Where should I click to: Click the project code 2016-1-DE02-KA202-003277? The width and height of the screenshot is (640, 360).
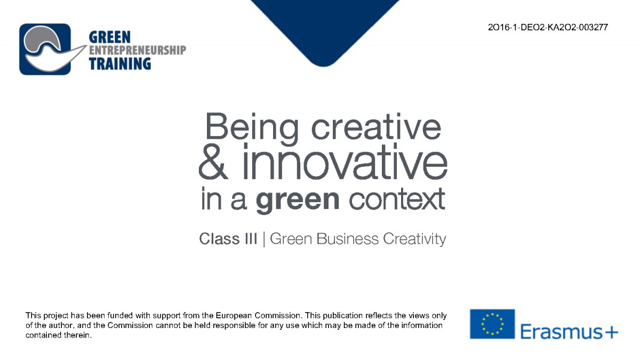point(548,27)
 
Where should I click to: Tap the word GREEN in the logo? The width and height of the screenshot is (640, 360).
point(110,37)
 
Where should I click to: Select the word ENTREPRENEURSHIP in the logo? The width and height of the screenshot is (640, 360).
point(138,50)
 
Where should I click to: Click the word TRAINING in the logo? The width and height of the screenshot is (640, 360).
point(120,63)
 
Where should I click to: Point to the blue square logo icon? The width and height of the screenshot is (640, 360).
point(45,49)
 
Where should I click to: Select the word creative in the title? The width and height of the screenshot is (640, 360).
point(376,126)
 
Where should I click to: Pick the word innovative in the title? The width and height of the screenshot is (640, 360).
point(345,162)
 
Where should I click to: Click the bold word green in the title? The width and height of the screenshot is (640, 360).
point(298,200)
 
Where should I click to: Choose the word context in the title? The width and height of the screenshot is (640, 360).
point(397,199)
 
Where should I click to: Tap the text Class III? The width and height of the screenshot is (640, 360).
point(228,238)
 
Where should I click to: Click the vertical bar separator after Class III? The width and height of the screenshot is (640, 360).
point(263,239)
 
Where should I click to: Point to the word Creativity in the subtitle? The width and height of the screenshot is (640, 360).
point(414,239)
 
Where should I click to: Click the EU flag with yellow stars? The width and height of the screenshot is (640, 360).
point(492,324)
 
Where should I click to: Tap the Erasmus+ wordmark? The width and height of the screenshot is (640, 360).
point(569,332)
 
